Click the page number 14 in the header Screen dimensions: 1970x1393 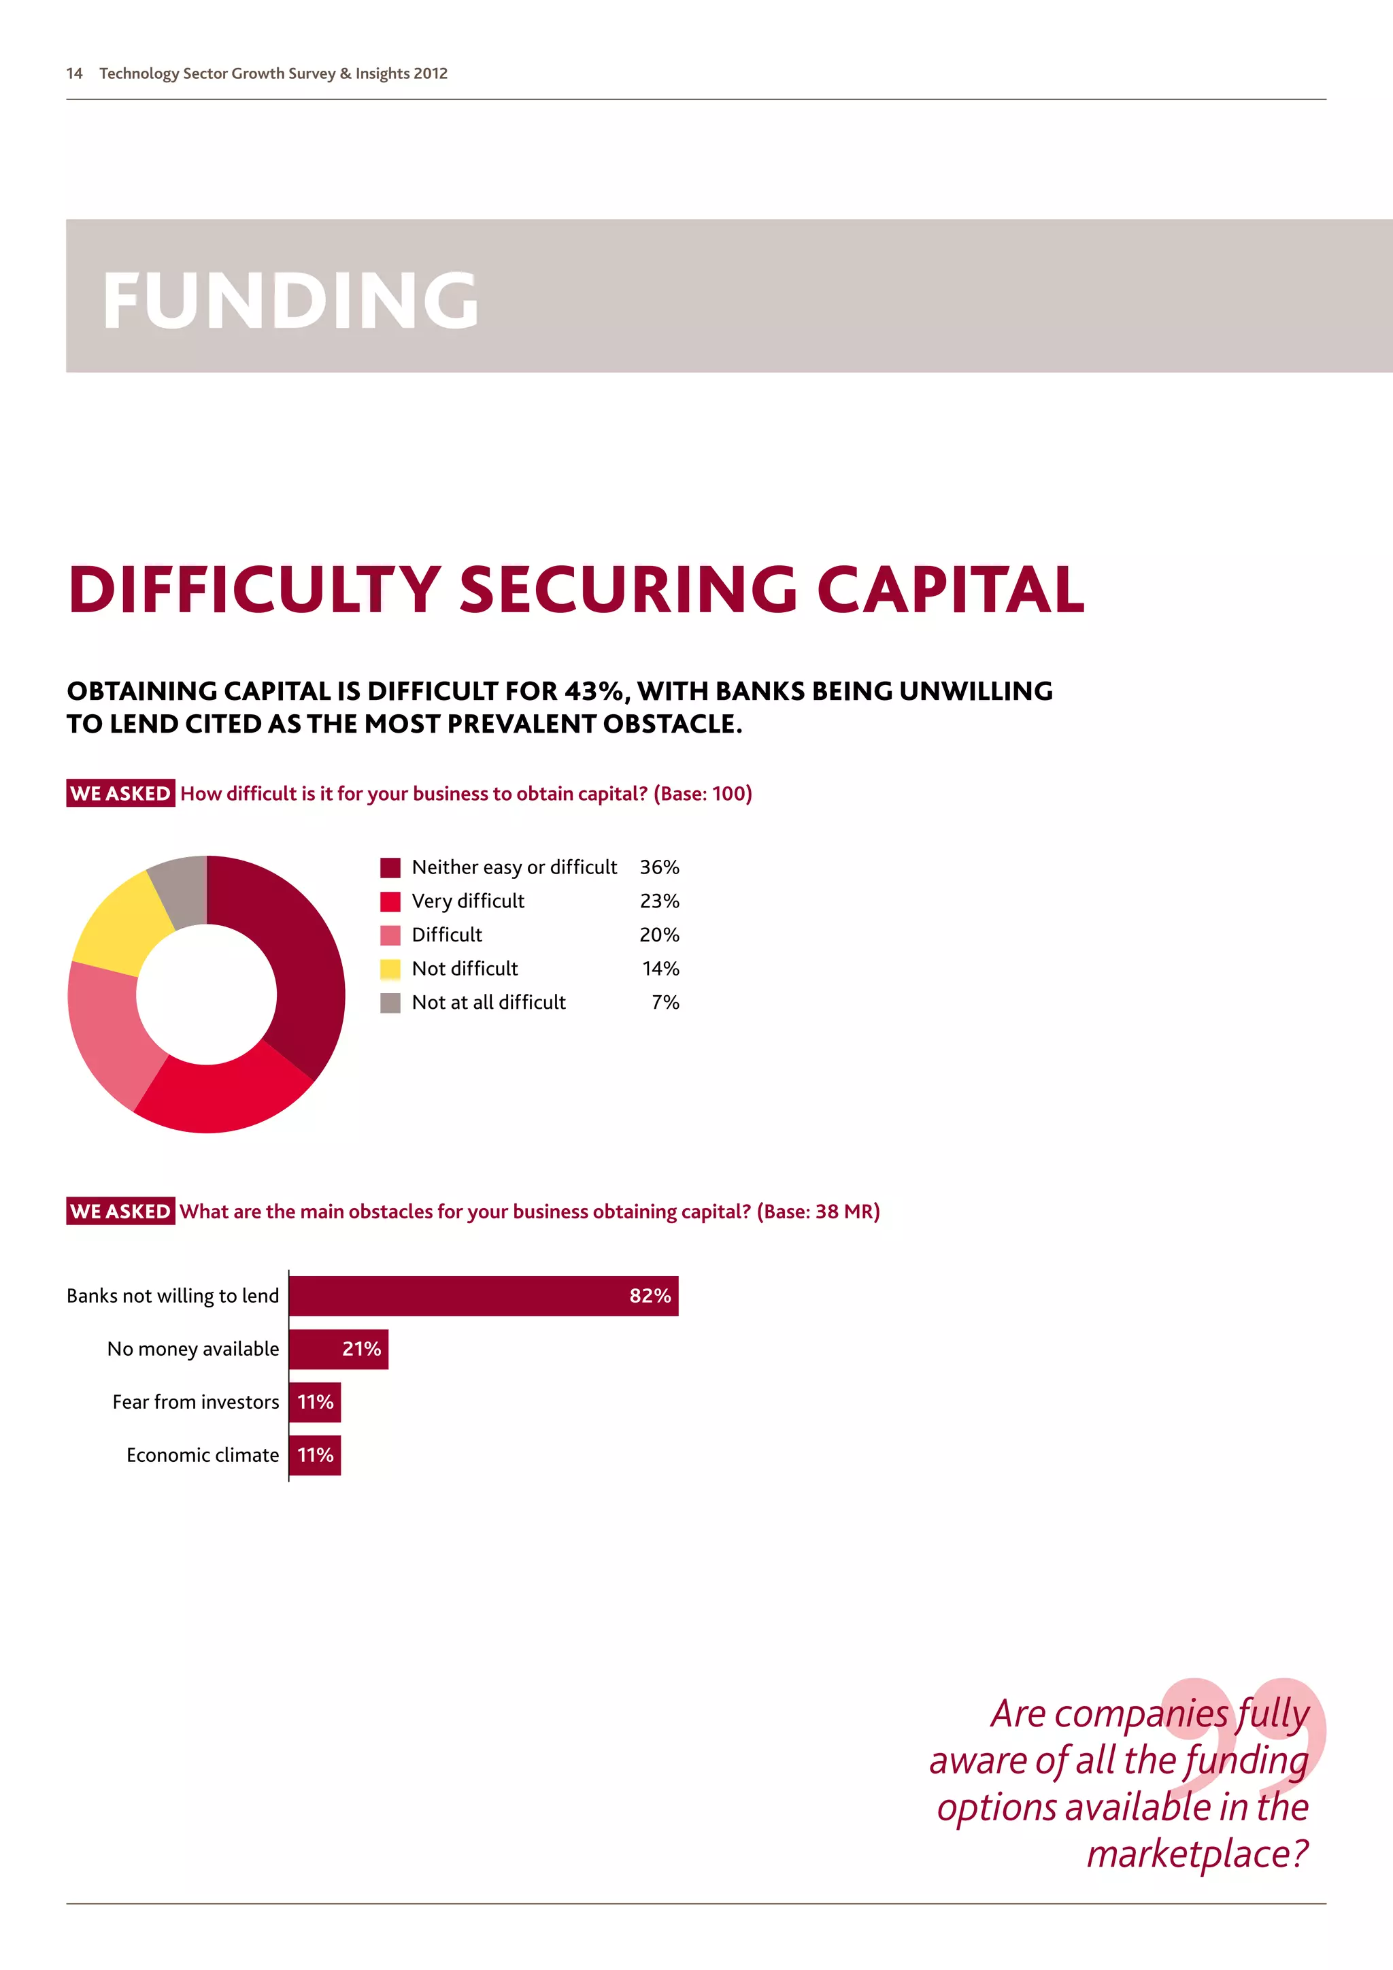coord(75,73)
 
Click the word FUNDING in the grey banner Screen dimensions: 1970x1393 coord(290,299)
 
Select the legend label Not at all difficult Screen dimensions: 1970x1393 coord(489,1002)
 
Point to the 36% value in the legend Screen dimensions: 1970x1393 coord(659,867)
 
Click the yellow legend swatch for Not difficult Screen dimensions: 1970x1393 coord(390,969)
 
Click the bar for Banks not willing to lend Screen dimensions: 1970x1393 coord(483,1296)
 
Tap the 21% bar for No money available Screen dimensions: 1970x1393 coord(338,1349)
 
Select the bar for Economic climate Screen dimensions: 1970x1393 coord(315,1455)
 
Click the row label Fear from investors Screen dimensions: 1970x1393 coord(196,1402)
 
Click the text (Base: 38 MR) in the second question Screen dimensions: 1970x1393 coord(818,1212)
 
